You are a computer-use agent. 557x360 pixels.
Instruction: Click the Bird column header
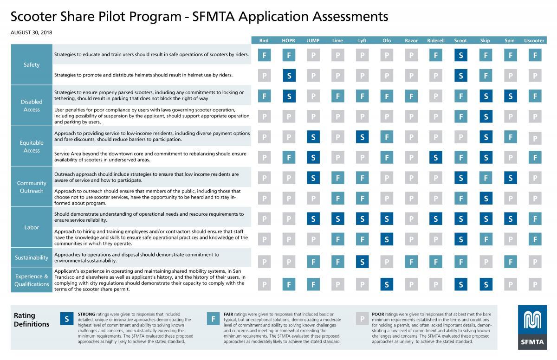264,40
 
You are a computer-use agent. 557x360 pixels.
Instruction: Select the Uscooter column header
534,40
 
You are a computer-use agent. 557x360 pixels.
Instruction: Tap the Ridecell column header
435,40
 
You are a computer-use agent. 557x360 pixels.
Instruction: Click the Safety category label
32,64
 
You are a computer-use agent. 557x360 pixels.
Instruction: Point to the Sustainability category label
32,257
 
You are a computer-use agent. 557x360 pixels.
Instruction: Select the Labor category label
32,227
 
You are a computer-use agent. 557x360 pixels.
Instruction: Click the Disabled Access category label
32,105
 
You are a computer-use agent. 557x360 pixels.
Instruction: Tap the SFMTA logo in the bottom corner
530,327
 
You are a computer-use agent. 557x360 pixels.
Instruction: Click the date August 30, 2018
31,32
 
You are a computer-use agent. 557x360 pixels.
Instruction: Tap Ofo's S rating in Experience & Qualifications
387,284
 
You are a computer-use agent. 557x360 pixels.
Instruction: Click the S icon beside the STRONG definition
67,319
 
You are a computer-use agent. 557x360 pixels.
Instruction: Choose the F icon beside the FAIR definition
213,319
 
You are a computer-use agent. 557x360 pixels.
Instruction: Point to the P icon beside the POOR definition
362,319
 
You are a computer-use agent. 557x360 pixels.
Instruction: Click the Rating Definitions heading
32,320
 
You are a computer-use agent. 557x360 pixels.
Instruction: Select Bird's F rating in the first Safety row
264,55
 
